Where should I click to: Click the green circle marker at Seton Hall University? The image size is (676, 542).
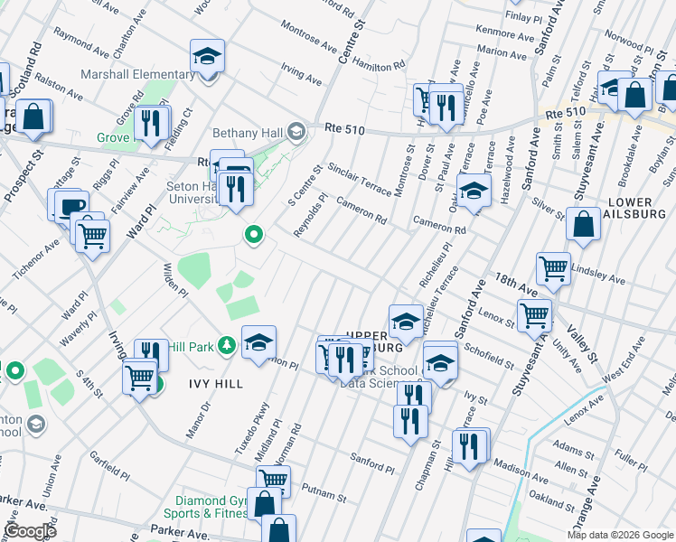(x=254, y=237)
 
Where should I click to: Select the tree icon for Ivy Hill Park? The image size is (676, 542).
(x=227, y=344)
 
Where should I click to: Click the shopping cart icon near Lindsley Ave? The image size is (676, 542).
(x=553, y=267)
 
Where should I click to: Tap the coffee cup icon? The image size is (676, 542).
(x=71, y=205)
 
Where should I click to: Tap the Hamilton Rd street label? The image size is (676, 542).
(x=378, y=62)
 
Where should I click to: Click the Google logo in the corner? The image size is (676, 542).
(x=30, y=531)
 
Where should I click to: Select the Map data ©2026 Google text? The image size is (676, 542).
(x=620, y=535)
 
